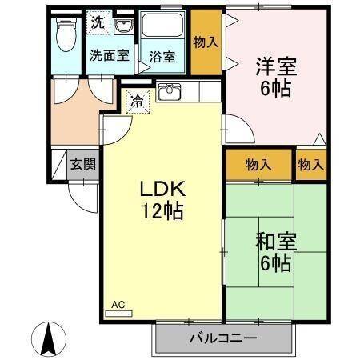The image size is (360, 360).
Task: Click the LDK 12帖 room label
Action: pos(163,200)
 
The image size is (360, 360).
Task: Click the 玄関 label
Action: pos(82,165)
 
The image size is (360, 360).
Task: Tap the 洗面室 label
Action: pos(108,56)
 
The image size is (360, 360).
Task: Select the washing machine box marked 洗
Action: pos(97,22)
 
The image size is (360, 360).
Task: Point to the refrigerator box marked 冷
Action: pos(137,102)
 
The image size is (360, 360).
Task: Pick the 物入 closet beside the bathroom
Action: pos(206,41)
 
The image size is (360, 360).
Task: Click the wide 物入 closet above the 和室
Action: pos(258,165)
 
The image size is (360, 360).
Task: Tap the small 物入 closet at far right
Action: pos(310,165)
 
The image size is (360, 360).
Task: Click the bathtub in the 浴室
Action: pos(164,30)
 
